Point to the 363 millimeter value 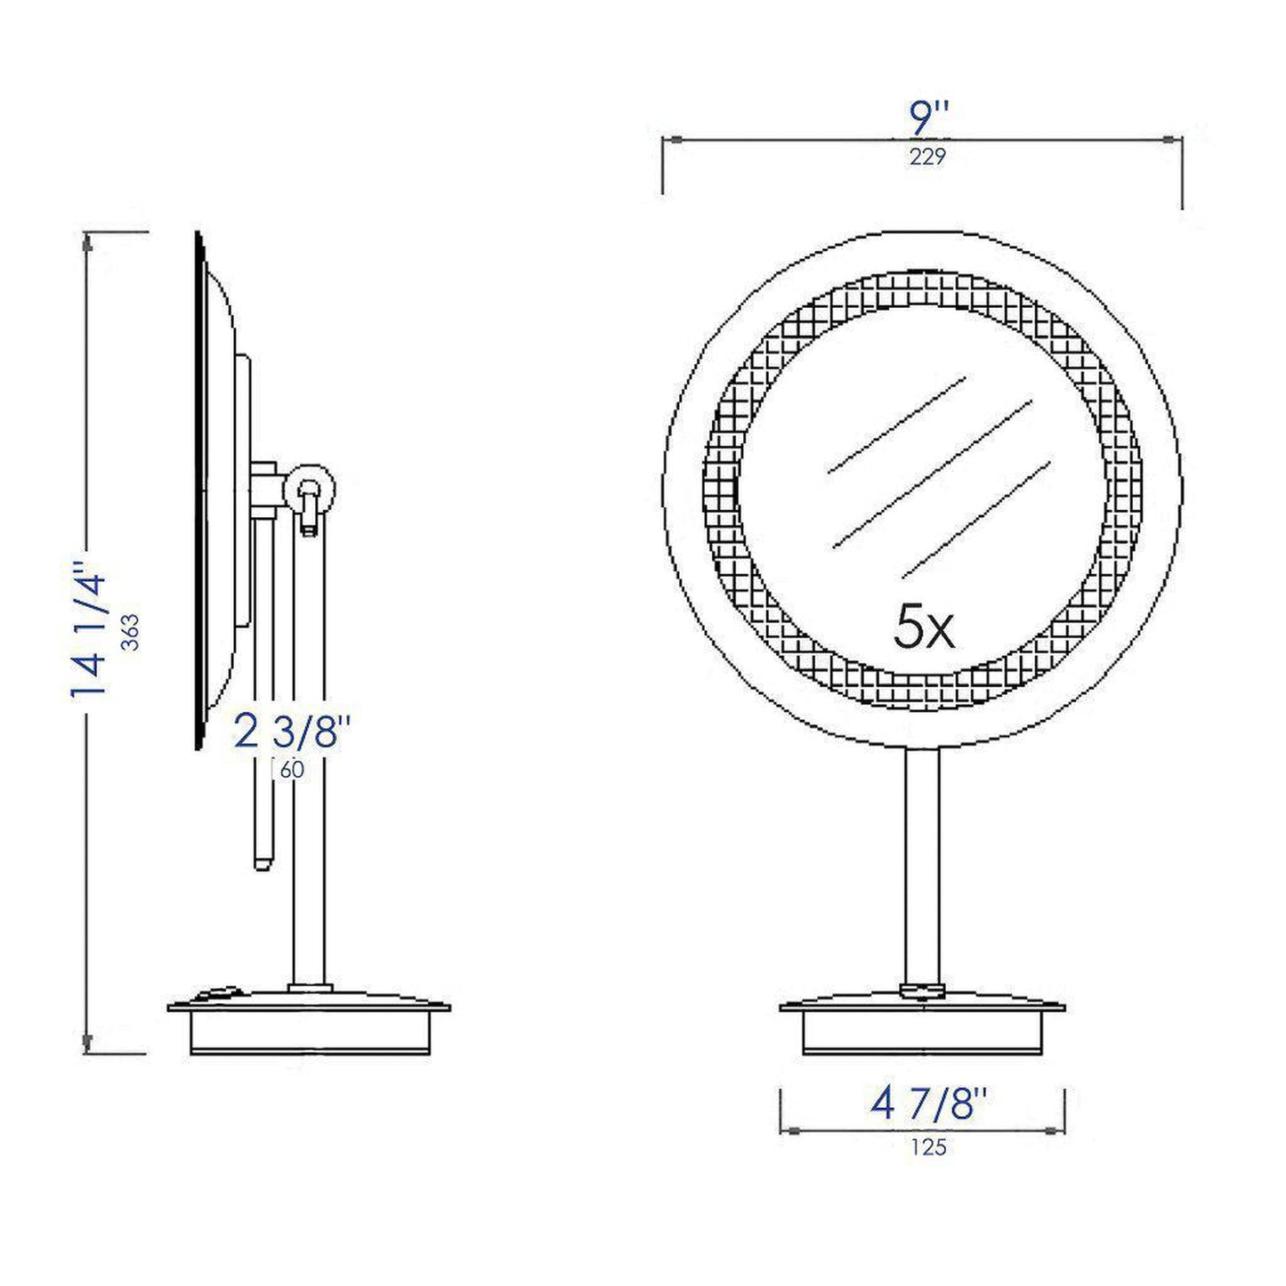(131, 634)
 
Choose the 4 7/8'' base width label (930, 1105)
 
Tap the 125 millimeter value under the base (929, 1147)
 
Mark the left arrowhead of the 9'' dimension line (673, 139)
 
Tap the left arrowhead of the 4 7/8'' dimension (789, 1130)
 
